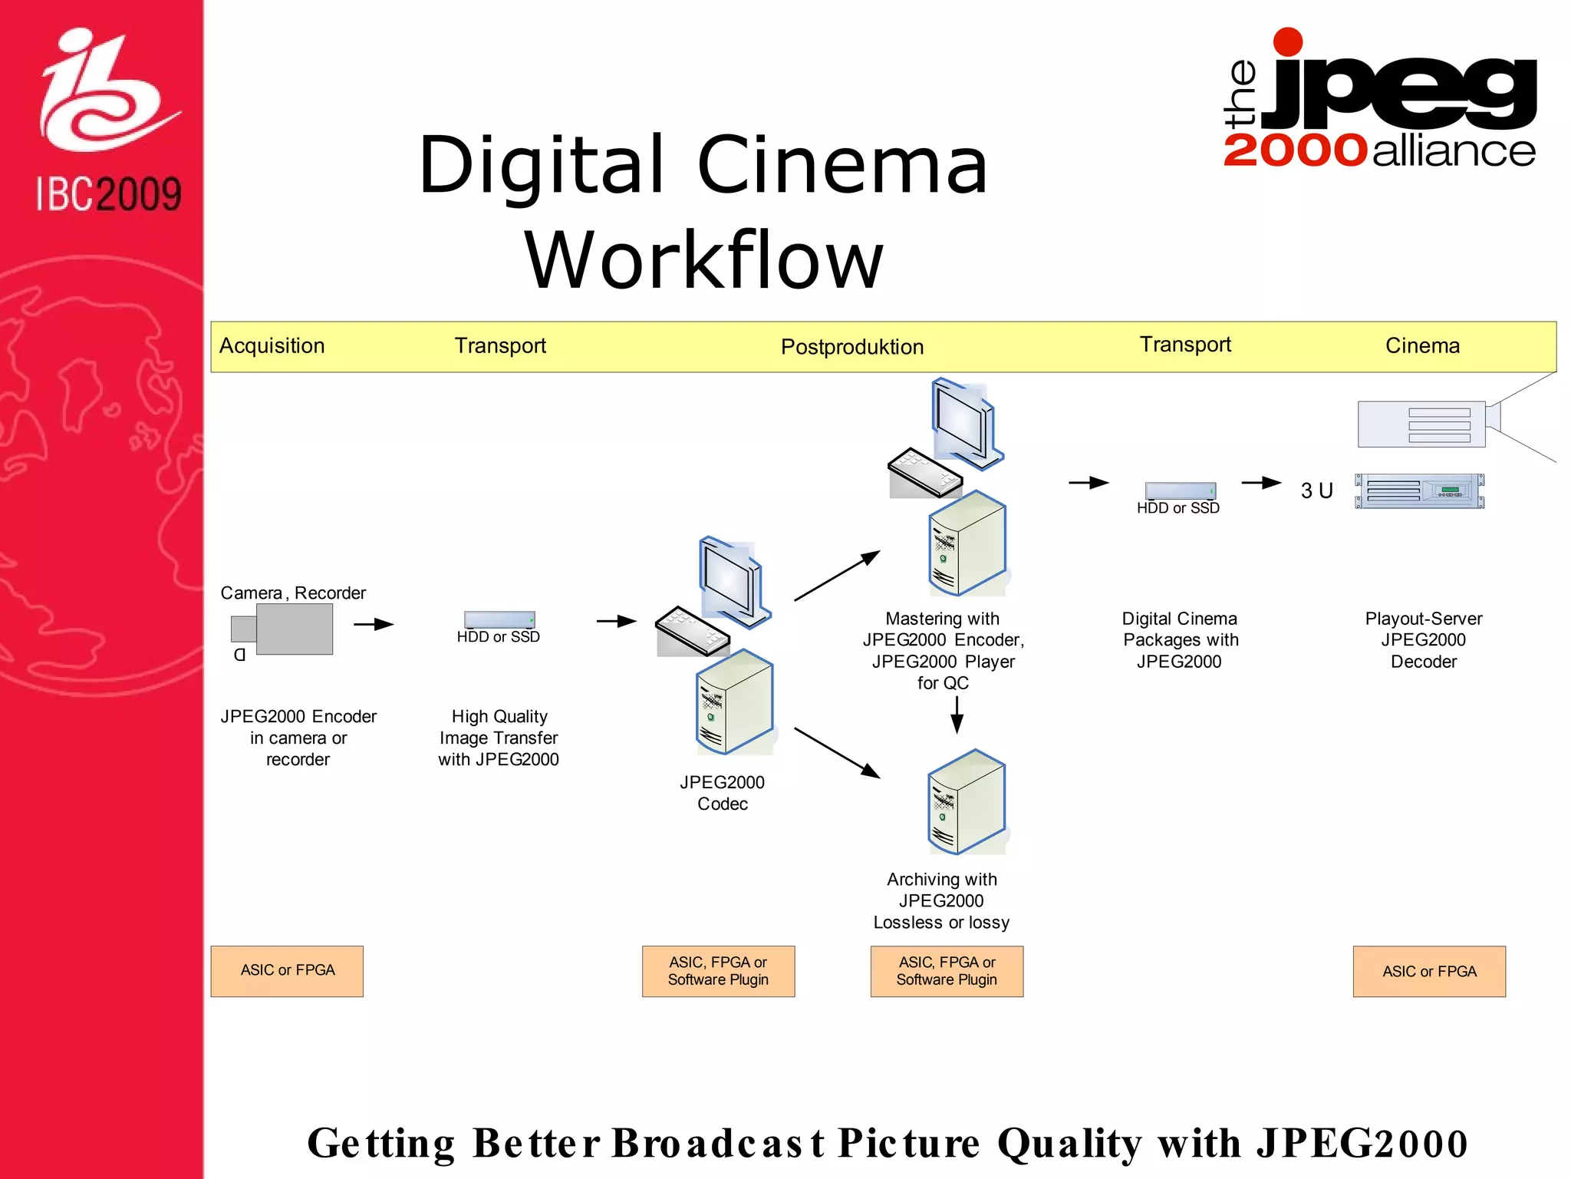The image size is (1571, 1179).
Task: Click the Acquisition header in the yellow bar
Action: [272, 346]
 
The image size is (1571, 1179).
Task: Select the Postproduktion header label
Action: [851, 347]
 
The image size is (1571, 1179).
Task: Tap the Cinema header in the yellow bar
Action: [1421, 346]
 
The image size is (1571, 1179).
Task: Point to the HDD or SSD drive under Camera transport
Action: [499, 619]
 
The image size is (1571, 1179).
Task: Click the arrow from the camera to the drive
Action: [374, 625]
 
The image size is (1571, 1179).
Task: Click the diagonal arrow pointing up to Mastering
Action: [837, 576]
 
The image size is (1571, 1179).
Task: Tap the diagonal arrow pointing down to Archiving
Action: [837, 752]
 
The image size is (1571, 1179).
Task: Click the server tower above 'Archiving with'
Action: [967, 802]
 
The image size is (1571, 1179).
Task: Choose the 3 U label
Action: [1316, 490]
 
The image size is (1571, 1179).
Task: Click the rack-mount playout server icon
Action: [1419, 491]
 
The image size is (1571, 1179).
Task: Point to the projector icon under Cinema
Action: [1423, 424]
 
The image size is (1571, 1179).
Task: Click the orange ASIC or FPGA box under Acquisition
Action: [287, 971]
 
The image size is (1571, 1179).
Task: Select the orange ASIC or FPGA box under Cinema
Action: [1429, 972]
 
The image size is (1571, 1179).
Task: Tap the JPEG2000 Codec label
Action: [722, 793]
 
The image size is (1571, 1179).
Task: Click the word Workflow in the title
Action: [703, 261]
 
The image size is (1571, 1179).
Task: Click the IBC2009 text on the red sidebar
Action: [108, 193]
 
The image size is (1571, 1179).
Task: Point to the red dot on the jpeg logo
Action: [1287, 42]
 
